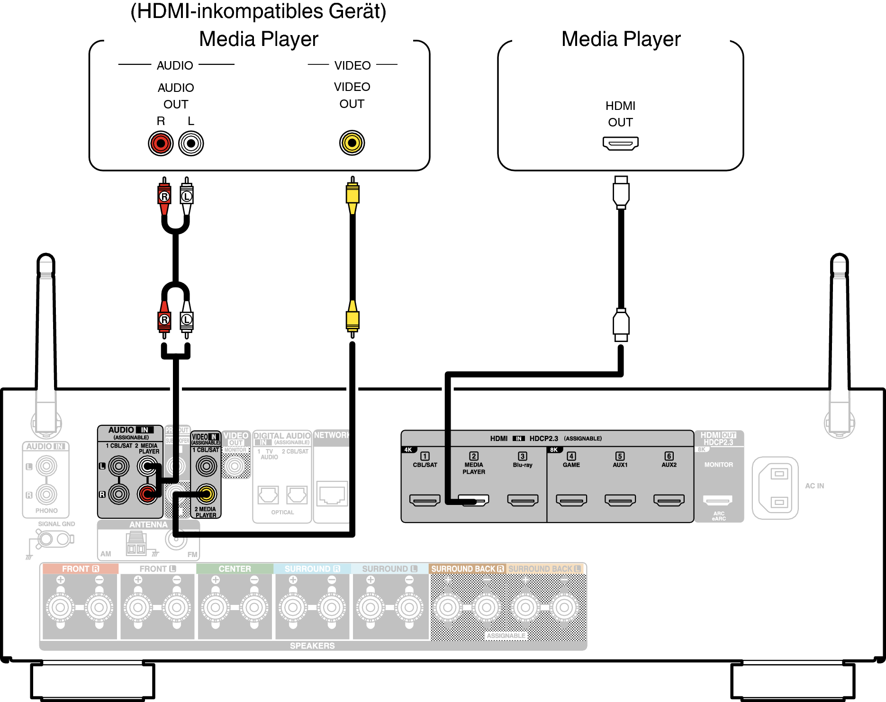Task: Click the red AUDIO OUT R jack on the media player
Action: pyautogui.click(x=161, y=143)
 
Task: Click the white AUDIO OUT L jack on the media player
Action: pyautogui.click(x=191, y=143)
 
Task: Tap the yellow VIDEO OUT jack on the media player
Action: pyautogui.click(x=352, y=143)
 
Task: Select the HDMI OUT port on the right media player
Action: pyautogui.click(x=620, y=143)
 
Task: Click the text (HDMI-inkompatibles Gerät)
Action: pyautogui.click(x=258, y=11)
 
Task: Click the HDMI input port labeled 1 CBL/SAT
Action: pyautogui.click(x=425, y=500)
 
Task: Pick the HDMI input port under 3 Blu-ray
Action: pyautogui.click(x=523, y=500)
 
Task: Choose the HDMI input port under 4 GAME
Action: pyautogui.click(x=571, y=500)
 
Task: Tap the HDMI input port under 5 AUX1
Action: pyautogui.click(x=620, y=500)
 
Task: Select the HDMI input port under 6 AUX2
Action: pyautogui.click(x=669, y=500)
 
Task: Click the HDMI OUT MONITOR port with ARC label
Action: pyautogui.click(x=718, y=500)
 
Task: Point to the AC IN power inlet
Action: pyautogui.click(x=775, y=488)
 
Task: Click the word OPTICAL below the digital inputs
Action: pyautogui.click(x=282, y=513)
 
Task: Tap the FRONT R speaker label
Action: pyautogui.click(x=80, y=569)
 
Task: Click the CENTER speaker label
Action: pyautogui.click(x=235, y=569)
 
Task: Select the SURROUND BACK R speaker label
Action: pyautogui.click(x=467, y=569)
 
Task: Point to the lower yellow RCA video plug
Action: pyautogui.click(x=352, y=318)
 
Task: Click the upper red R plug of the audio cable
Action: pyautogui.click(x=164, y=195)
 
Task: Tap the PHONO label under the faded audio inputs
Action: pyautogui.click(x=46, y=511)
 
